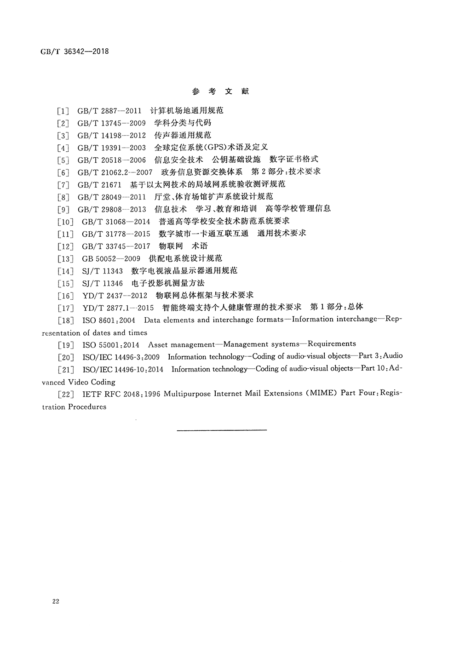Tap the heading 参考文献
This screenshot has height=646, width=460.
(220, 91)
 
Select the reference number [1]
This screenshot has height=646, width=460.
(63, 111)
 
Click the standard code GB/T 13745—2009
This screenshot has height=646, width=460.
(111, 123)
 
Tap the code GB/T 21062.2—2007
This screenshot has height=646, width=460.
(115, 172)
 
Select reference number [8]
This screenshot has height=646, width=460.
(63, 197)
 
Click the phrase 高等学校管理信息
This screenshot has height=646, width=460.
(298, 209)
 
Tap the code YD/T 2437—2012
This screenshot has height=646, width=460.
(112, 295)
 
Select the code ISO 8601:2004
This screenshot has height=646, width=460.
(109, 320)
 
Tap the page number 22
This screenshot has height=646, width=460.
(56, 601)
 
